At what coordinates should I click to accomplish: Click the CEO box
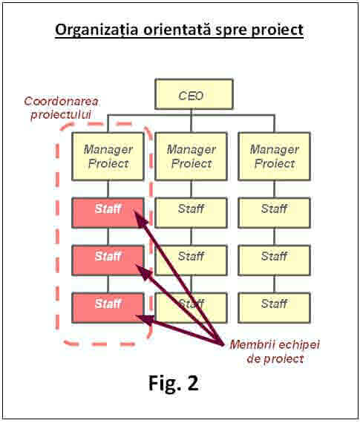click(194, 94)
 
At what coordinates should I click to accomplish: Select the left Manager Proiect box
click(108, 156)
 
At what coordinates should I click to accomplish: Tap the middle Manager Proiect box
click(191, 156)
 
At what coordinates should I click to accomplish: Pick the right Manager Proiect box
click(274, 156)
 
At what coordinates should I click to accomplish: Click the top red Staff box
click(108, 212)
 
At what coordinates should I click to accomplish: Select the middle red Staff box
click(108, 260)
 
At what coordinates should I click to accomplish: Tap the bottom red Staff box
click(108, 307)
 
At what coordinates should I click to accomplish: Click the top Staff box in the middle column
click(191, 212)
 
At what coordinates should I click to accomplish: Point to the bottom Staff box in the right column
click(274, 307)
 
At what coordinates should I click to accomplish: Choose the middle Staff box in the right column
click(274, 260)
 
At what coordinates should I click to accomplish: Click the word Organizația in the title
click(96, 30)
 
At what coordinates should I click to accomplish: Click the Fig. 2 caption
click(174, 383)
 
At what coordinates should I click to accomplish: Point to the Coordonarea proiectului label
click(61, 108)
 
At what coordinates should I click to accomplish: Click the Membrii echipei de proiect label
click(275, 352)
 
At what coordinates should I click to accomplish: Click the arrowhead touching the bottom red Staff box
click(145, 320)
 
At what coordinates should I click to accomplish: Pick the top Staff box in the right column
click(274, 212)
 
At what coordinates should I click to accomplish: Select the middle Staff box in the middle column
click(191, 260)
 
